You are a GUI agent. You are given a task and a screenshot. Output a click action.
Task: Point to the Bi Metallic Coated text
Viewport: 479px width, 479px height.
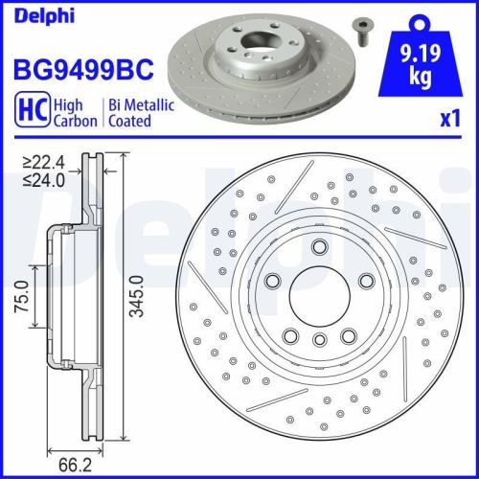[139, 113]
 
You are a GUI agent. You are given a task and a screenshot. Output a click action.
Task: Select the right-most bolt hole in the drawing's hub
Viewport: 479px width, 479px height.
[366, 282]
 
